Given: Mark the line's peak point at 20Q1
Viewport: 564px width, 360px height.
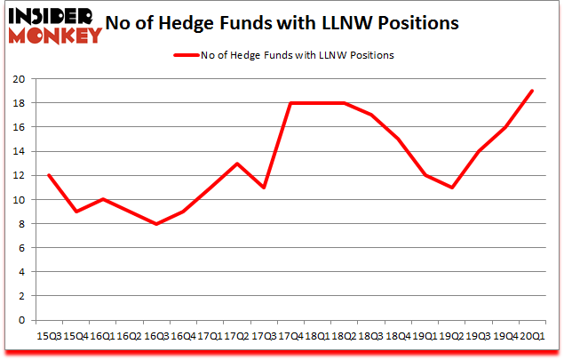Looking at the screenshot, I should pyautogui.click(x=532, y=91).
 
